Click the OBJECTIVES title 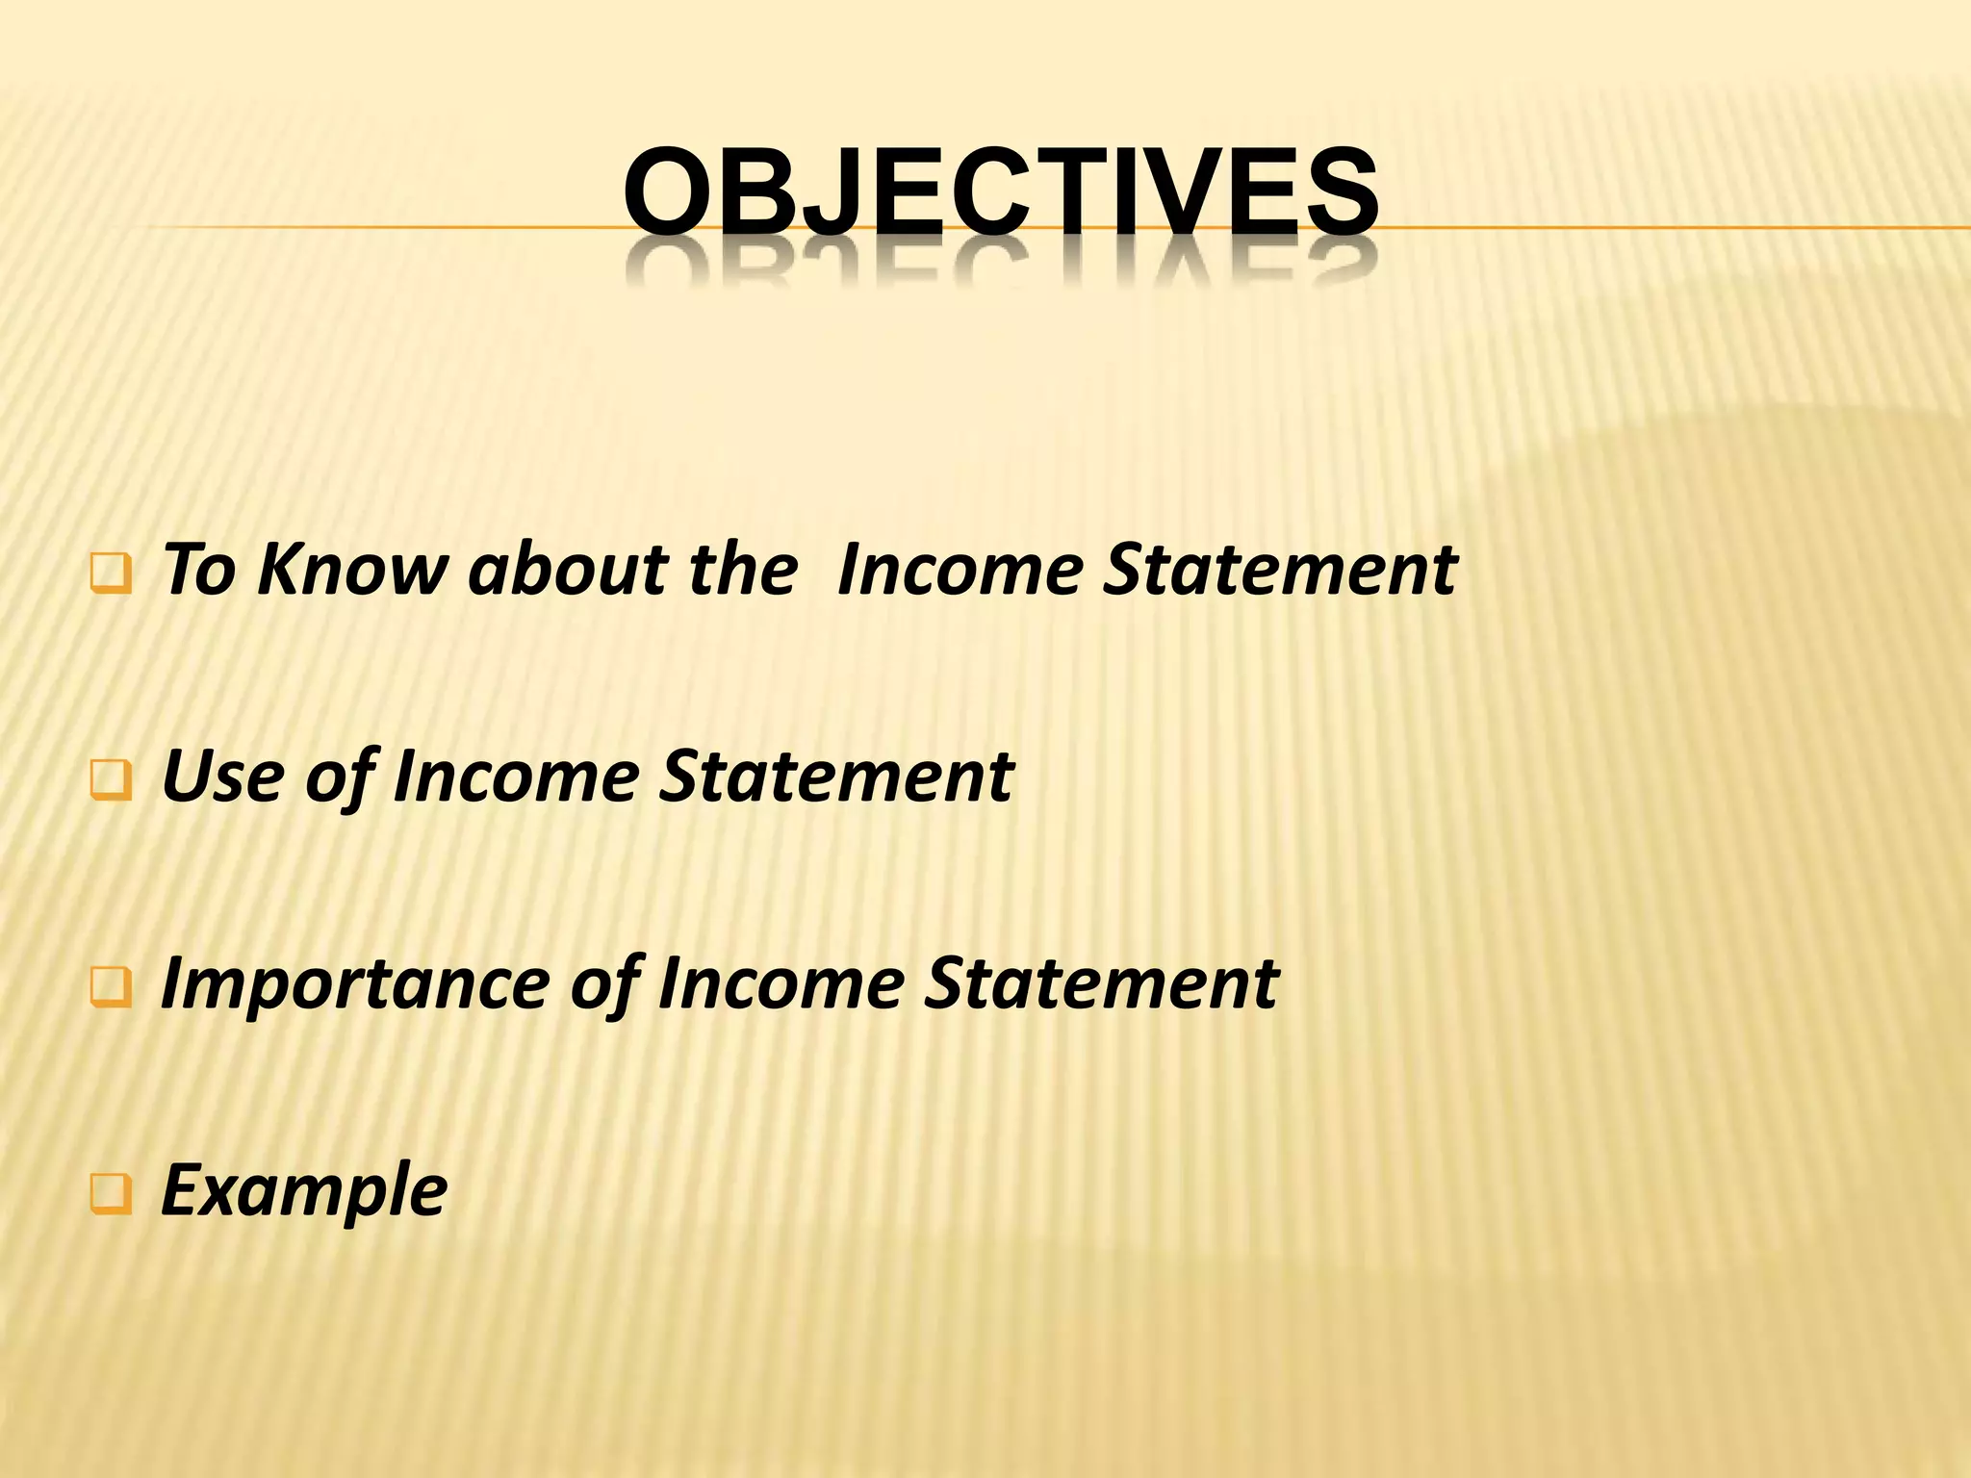(1001, 191)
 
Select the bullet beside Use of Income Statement (111, 781)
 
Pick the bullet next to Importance (111, 988)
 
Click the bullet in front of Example (111, 1195)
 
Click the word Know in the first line (352, 570)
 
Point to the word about (568, 570)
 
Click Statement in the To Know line (1280, 570)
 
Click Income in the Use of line (516, 777)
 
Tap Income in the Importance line (781, 983)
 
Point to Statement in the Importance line (1101, 983)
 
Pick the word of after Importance (604, 983)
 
